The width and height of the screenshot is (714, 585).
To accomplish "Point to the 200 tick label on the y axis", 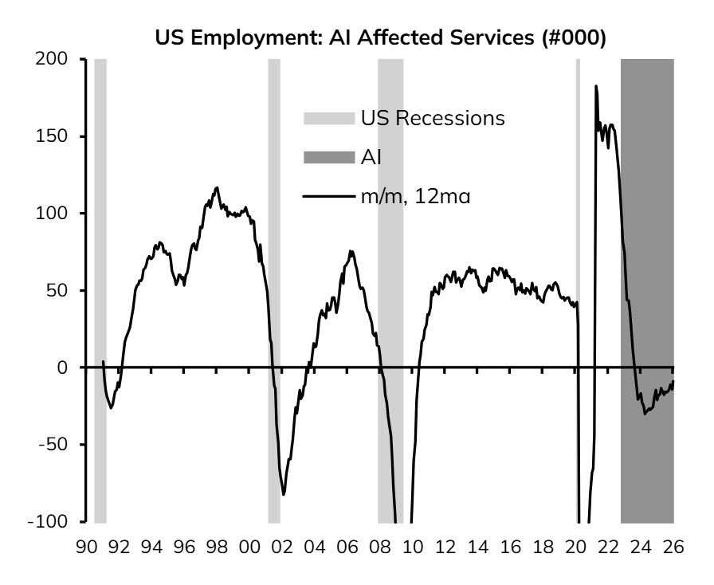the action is tap(51, 59).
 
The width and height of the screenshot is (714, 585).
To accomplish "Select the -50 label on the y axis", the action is tap(53, 444).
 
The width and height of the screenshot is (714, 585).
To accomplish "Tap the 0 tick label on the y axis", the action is tap(62, 367).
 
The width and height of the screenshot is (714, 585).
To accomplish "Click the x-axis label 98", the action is tap(217, 547).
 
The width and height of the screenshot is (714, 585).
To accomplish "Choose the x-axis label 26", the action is tap(674, 547).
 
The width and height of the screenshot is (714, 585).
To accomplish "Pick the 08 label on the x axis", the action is tap(380, 547).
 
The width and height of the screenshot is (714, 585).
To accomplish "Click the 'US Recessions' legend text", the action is tap(433, 118).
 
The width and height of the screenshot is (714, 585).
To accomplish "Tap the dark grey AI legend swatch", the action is tap(329, 158).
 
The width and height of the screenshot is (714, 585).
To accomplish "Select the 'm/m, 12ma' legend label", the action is tap(415, 197).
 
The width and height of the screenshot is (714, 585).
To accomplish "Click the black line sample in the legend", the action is tap(329, 197).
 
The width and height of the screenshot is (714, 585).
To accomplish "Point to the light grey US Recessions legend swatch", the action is tap(329, 119).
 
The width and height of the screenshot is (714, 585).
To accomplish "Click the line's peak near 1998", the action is tap(217, 187).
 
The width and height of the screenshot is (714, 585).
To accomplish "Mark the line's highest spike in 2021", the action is tap(596, 85).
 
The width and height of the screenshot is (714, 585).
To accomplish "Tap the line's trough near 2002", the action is tap(284, 495).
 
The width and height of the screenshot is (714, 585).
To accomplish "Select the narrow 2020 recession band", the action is tap(578, 290).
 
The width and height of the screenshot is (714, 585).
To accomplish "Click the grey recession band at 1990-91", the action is tap(100, 290).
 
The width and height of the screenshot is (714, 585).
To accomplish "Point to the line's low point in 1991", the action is tap(111, 408).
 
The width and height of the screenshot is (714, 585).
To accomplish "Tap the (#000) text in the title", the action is tap(574, 37).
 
